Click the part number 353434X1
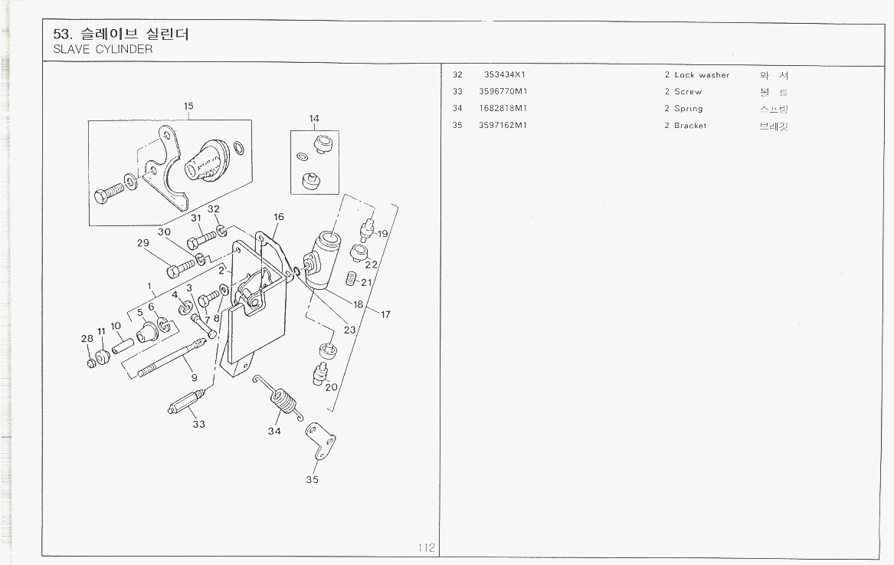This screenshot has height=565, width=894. point(504,75)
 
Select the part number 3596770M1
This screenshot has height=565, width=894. point(503,91)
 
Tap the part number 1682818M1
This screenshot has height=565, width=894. point(503,108)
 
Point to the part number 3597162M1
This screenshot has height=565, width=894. point(503,125)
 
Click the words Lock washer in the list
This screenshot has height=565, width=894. point(702,75)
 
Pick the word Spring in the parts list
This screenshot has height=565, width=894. point(688,109)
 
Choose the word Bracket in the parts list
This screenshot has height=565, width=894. point(690,126)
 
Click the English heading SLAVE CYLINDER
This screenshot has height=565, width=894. point(103,49)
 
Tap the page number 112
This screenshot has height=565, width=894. point(427,547)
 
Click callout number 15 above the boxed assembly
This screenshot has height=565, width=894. point(188,106)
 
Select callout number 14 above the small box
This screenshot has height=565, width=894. point(314,119)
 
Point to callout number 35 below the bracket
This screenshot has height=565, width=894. point(312,480)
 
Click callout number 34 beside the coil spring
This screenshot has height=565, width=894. point(274,431)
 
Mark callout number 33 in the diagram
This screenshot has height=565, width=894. point(199,424)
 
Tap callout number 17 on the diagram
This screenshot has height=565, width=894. point(386,314)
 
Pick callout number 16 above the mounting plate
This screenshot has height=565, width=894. point(279,217)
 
